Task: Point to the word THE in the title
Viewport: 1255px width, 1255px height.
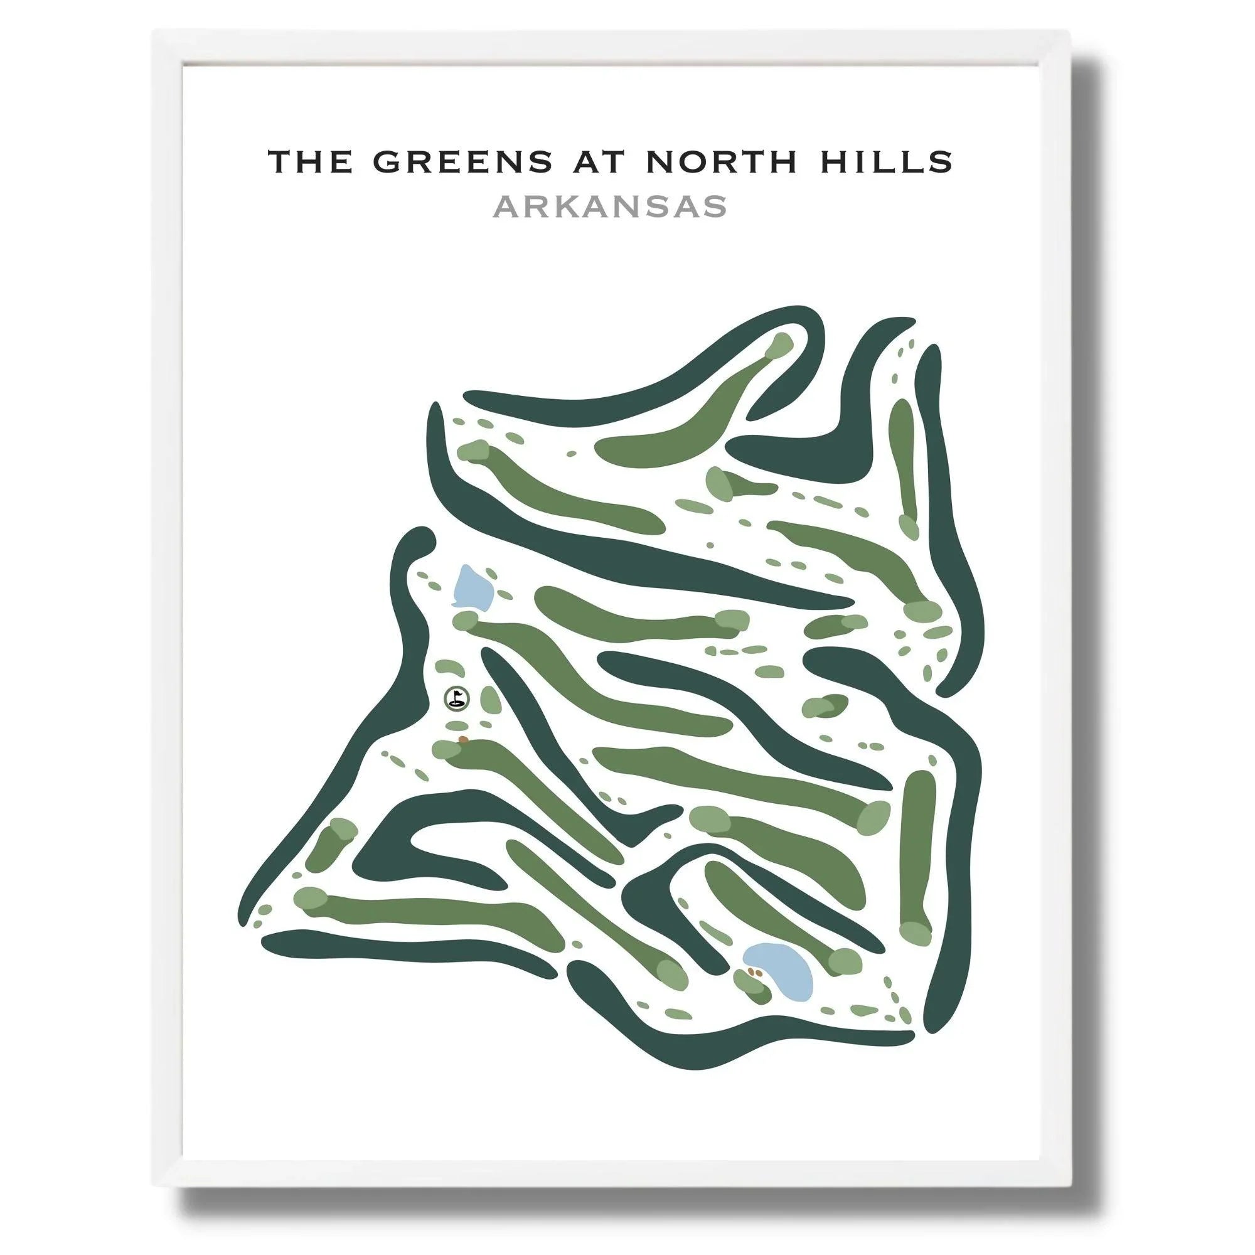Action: click(x=314, y=162)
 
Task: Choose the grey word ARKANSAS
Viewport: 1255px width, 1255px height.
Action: click(x=609, y=207)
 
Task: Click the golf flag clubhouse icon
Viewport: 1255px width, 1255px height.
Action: click(x=457, y=698)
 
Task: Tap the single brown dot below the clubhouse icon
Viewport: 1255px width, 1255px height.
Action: click(x=462, y=739)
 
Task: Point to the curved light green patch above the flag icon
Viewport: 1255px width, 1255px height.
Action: click(x=448, y=667)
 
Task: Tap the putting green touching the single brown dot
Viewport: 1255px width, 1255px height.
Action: click(x=448, y=749)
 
